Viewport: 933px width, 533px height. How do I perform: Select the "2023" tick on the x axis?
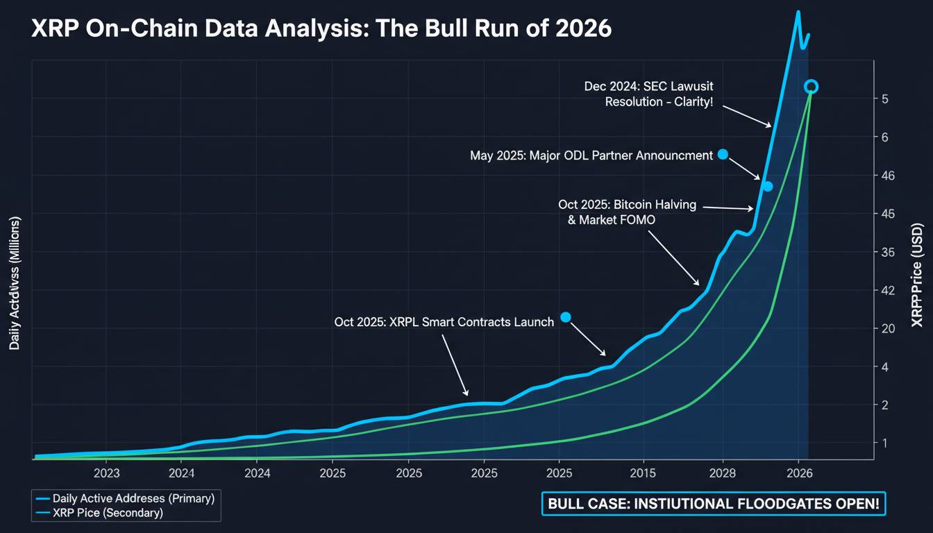(106, 473)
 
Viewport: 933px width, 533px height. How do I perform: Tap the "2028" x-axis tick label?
(723, 473)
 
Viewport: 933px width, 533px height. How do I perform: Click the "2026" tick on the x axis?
(799, 473)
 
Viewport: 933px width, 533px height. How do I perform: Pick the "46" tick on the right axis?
(889, 176)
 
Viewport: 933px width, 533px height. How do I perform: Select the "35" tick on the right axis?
(889, 252)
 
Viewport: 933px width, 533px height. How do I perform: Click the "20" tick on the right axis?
(889, 328)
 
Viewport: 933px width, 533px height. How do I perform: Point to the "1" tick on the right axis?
(885, 443)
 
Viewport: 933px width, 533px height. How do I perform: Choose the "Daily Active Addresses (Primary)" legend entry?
(124, 498)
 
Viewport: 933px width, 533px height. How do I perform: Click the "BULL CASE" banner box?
(714, 505)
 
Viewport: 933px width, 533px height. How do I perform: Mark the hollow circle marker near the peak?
(811, 87)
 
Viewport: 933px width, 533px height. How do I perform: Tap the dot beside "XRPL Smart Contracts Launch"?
(565, 317)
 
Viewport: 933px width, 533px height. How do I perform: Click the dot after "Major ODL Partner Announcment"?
(722, 154)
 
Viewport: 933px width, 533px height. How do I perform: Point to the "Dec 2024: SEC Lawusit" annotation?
(648, 86)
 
